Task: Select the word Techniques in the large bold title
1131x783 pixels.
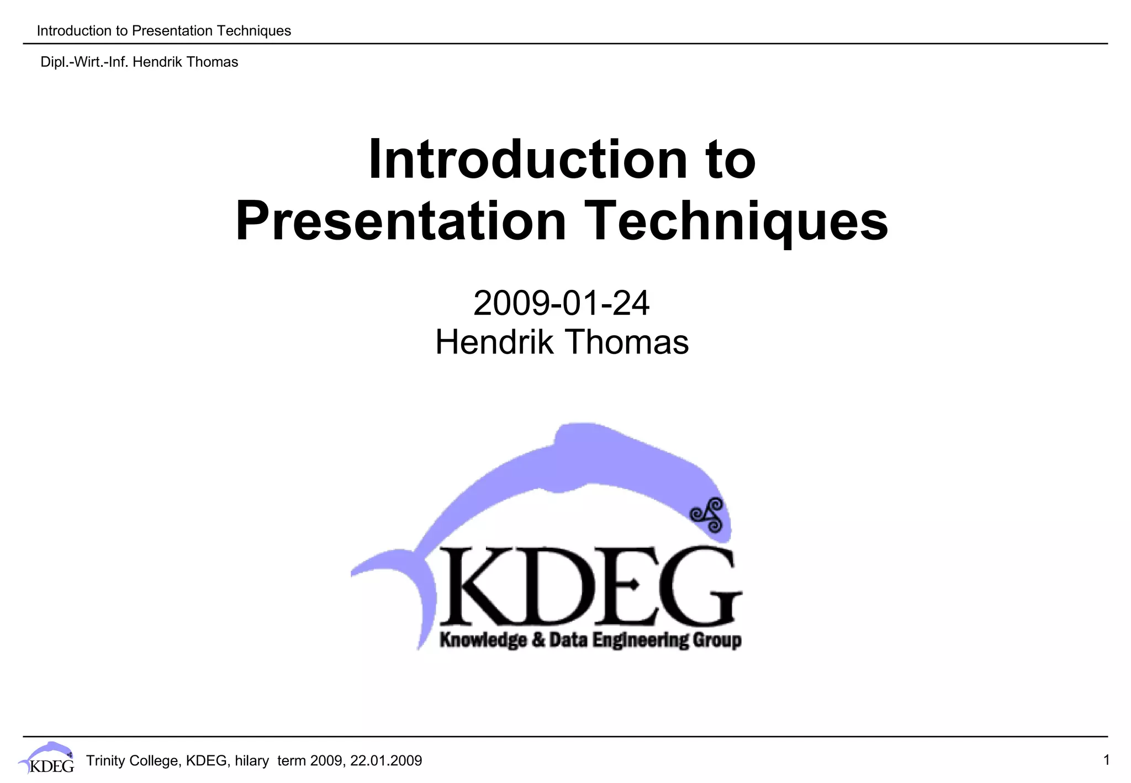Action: [x=736, y=221]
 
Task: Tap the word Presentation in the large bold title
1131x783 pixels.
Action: [x=401, y=221]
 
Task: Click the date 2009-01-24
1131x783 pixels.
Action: [x=561, y=303]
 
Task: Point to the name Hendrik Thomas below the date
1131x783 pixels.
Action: [x=562, y=342]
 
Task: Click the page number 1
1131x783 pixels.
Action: [x=1106, y=760]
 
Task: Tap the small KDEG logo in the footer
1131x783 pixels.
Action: [x=46, y=759]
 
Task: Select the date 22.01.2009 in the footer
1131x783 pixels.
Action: [x=386, y=761]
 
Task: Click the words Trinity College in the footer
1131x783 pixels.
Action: [x=133, y=761]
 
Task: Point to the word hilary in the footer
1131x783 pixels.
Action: [x=251, y=761]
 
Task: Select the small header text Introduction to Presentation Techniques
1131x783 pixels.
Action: [x=163, y=31]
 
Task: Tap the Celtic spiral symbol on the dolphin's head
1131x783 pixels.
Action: [x=708, y=515]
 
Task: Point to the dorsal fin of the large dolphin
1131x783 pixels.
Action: [x=580, y=436]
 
